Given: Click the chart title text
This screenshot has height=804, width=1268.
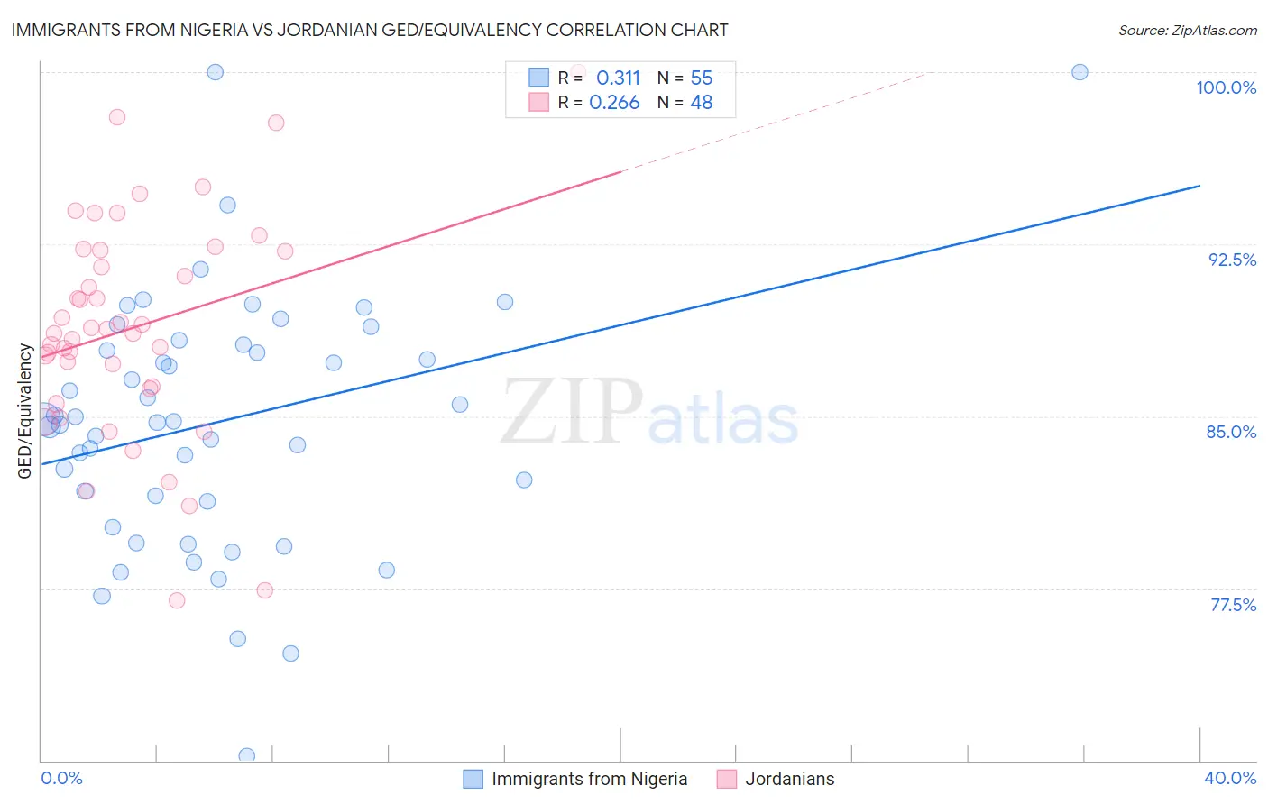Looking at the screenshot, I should click(x=370, y=30).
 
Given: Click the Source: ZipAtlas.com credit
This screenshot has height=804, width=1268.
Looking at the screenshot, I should click(x=1187, y=31).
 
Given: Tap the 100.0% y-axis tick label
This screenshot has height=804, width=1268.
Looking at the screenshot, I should click(x=1226, y=87).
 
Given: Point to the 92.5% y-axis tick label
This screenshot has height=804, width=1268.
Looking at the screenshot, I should click(x=1232, y=260).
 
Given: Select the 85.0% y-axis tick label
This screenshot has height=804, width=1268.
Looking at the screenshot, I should click(x=1231, y=432).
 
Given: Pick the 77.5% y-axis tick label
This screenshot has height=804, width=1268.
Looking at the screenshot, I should click(x=1233, y=605).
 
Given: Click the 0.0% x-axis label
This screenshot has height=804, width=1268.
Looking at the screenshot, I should click(x=61, y=778).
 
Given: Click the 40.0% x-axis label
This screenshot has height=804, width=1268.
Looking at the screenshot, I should click(x=1229, y=778).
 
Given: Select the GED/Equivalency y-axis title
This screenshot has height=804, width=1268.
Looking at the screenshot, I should click(x=25, y=411).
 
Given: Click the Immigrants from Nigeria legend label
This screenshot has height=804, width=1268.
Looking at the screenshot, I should click(x=589, y=779).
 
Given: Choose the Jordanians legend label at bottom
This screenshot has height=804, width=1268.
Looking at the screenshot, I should click(x=789, y=779).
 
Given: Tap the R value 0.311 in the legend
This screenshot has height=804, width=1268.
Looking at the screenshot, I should click(x=618, y=78).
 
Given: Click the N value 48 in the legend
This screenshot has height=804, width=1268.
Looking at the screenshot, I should click(x=701, y=103).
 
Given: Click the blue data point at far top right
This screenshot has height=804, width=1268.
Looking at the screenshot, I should click(x=1080, y=72).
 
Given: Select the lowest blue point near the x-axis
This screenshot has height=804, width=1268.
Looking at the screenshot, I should click(x=246, y=755).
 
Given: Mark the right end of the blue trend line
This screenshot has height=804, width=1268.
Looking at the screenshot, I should click(x=1199, y=186).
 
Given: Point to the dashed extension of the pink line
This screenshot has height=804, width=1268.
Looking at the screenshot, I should click(x=776, y=122).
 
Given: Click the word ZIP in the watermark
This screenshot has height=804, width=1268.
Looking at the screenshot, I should click(x=571, y=411).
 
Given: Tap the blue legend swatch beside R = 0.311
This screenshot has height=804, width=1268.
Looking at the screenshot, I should click(x=538, y=78).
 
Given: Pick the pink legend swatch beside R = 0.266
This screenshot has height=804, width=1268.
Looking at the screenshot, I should click(x=538, y=102).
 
